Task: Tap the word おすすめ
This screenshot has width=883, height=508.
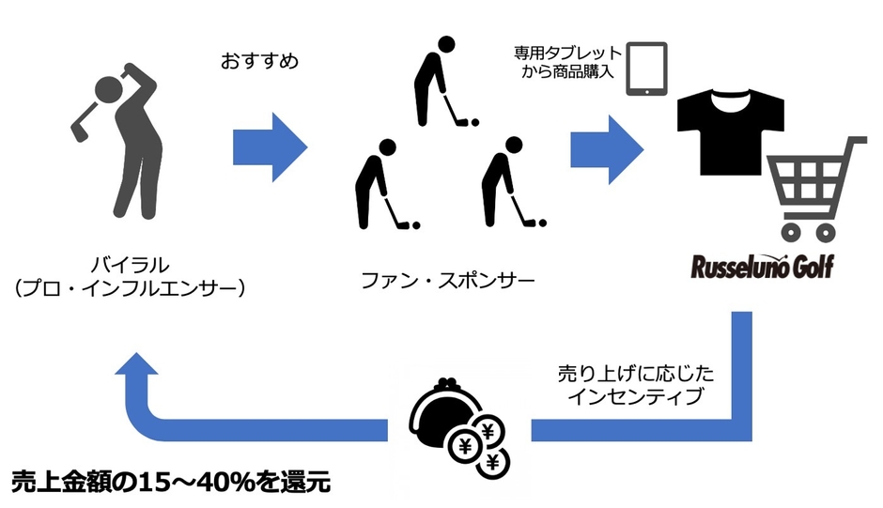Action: [x=259, y=61]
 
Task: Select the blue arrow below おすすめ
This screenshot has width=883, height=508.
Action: [x=271, y=147]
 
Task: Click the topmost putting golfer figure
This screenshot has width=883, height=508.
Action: [x=442, y=82]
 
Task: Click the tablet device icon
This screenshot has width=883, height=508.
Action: [x=647, y=69]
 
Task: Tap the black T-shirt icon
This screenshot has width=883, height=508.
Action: [x=731, y=131]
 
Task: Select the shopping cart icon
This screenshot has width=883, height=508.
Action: [x=816, y=189]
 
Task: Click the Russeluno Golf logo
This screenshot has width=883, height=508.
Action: [x=762, y=267]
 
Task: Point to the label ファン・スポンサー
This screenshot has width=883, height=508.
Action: [x=448, y=280]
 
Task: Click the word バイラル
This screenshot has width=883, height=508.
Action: [x=130, y=264]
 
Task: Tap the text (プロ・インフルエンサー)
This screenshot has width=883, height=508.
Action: [x=130, y=288]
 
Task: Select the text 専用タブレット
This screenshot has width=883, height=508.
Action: [x=567, y=54]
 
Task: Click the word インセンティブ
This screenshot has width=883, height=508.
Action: [x=636, y=395]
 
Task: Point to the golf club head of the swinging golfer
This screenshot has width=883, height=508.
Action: [x=79, y=131]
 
